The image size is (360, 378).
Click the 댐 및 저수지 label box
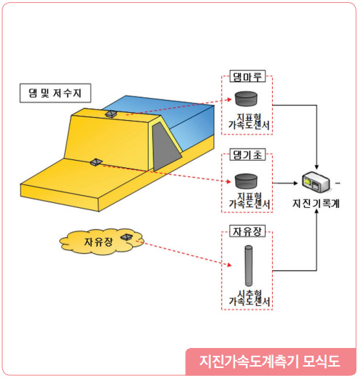[55, 93]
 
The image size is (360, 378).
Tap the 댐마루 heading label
[247, 76]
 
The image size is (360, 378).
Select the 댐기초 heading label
[247, 154]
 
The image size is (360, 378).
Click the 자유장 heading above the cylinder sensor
[247, 232]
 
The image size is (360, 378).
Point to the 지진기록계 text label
[316, 204]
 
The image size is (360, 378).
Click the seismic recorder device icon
[316, 182]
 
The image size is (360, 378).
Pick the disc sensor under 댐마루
[246, 99]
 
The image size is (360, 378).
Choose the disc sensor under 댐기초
[246, 181]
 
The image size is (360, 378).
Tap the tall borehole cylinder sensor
[249, 265]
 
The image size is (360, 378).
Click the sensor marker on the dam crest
[111, 114]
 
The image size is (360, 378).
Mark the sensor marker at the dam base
[96, 162]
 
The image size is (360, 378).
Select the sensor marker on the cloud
[126, 237]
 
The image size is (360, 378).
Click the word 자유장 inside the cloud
[99, 242]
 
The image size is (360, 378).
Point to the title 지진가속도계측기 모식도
[269, 361]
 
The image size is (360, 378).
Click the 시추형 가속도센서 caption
[249, 298]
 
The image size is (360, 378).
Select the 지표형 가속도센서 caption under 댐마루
[249, 121]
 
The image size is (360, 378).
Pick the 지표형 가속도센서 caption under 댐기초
[249, 200]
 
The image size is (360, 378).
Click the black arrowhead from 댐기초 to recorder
[296, 183]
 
